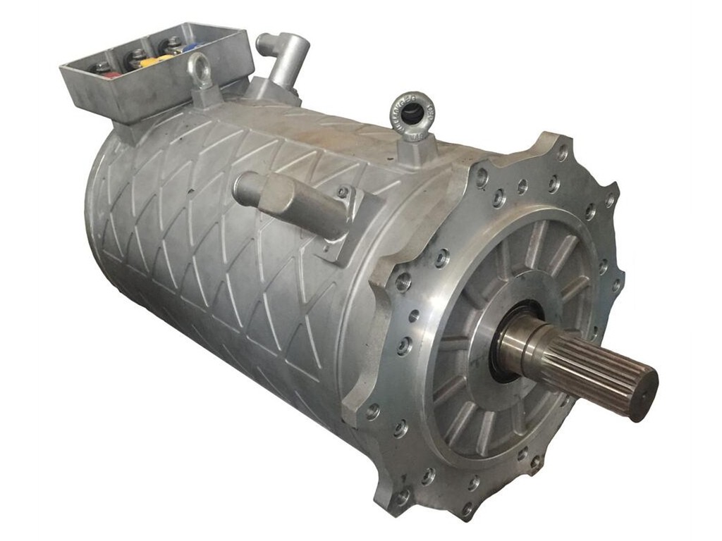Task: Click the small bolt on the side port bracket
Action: (343, 192)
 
